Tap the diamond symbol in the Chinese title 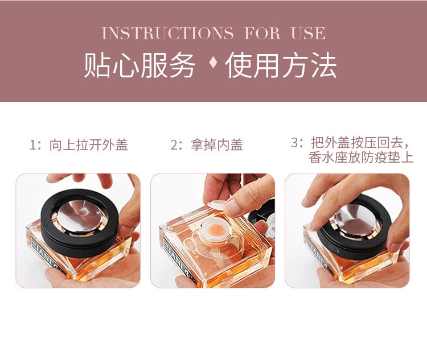(213, 64)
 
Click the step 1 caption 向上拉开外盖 (88, 145)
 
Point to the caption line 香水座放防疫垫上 (361, 158)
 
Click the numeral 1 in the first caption (32, 145)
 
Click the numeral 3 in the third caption (295, 142)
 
